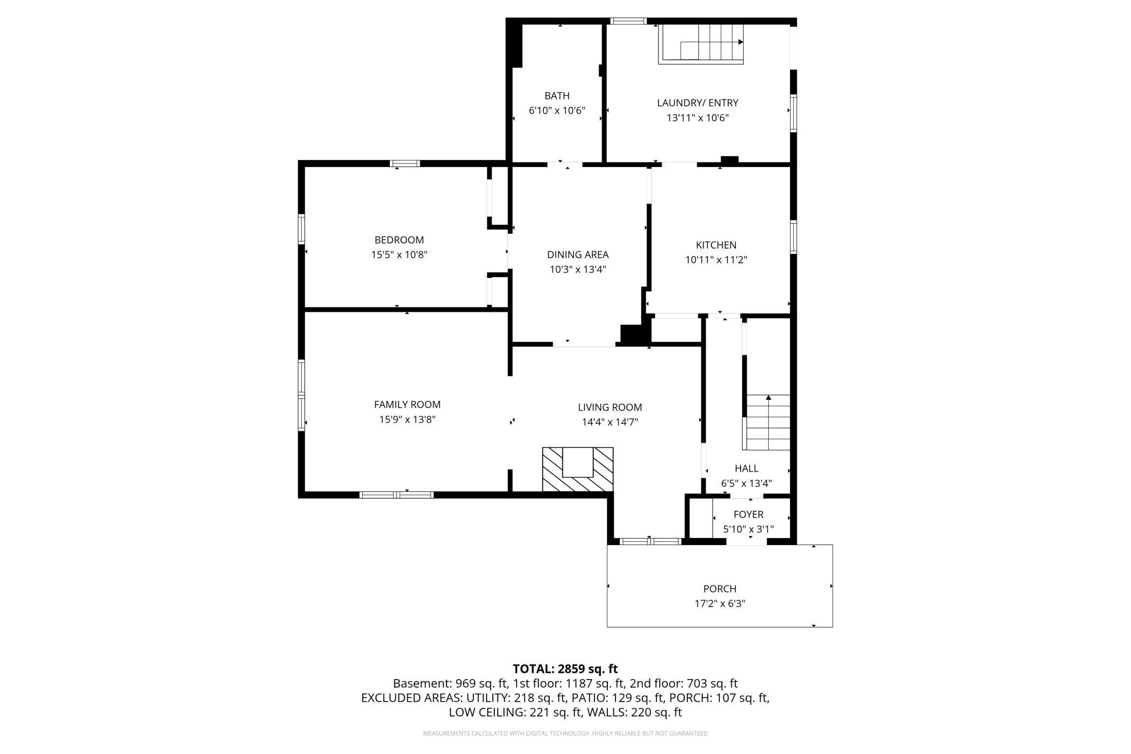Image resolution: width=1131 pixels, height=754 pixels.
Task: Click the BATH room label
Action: [557, 96]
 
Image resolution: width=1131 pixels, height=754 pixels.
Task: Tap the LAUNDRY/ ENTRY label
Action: [698, 103]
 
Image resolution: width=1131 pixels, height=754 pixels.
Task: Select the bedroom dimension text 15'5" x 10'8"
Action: [399, 255]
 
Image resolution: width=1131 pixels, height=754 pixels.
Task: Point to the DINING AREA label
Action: [577, 255]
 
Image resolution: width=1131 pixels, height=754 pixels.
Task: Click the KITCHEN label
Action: [716, 245]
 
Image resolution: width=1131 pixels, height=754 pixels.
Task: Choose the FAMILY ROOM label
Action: [407, 405]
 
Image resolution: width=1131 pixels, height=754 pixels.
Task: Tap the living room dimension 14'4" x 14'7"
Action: [610, 422]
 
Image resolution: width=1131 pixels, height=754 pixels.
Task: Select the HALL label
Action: [747, 468]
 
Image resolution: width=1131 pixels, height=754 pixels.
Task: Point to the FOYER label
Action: [748, 515]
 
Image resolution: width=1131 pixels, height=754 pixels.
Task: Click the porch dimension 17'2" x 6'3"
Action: [720, 603]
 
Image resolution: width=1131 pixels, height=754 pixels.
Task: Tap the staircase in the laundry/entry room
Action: [701, 44]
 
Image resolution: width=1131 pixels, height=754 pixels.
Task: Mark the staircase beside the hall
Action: [767, 422]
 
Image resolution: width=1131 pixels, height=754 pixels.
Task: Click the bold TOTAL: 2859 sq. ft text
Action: [565, 669]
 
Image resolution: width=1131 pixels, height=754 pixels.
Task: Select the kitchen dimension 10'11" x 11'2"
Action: [716, 260]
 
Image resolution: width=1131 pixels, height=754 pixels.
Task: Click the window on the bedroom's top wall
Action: [405, 163]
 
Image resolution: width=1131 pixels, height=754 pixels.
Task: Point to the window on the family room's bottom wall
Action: [396, 495]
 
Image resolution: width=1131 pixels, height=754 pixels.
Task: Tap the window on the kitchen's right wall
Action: [793, 237]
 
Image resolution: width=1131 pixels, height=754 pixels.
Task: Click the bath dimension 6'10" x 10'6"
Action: [557, 110]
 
